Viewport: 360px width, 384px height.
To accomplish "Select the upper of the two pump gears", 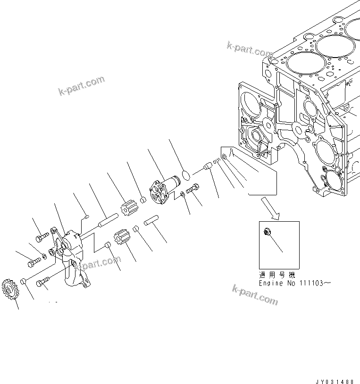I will (128, 208).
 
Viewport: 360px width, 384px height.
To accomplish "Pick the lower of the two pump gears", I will (122, 236).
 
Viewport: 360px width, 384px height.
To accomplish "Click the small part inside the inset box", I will (267, 232).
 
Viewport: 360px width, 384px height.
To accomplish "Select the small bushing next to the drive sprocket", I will (22, 282).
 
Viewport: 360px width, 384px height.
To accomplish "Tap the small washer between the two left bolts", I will (44, 256).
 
